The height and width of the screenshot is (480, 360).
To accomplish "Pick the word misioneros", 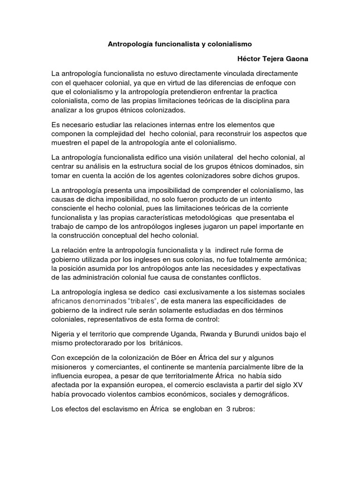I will [70, 367].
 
